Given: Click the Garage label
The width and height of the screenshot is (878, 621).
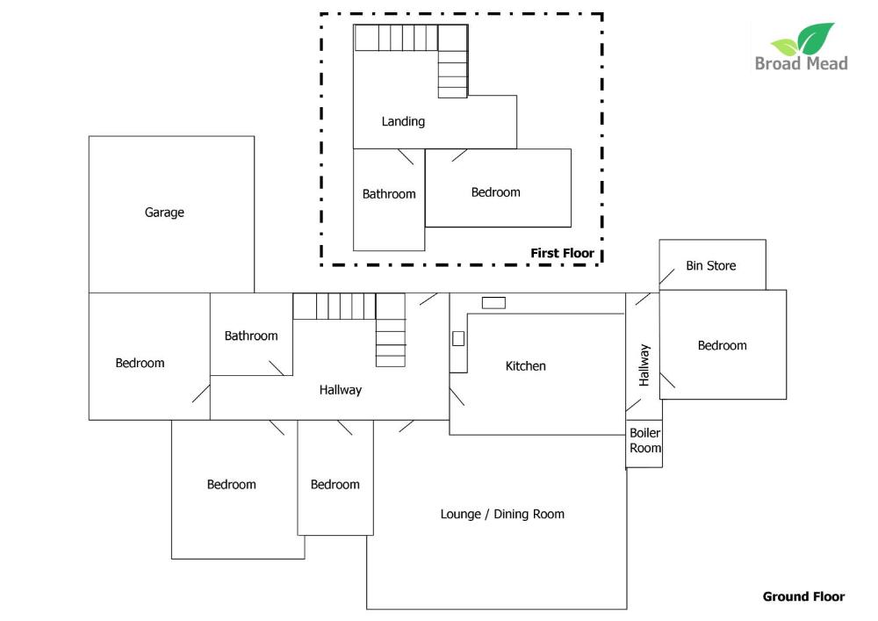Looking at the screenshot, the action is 164,213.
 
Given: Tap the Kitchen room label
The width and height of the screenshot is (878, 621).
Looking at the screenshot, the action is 525,366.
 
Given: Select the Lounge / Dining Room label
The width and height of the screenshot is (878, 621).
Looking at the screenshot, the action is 502,514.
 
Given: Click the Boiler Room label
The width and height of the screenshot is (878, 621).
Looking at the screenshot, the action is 645,441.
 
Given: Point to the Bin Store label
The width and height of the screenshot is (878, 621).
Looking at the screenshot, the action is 710,266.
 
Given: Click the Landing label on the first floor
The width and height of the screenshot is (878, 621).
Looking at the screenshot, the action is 403,122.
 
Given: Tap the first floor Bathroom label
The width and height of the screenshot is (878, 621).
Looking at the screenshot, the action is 389,194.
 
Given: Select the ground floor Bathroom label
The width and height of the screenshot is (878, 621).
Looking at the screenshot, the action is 251,336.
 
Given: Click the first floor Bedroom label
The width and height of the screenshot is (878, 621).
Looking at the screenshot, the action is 495,192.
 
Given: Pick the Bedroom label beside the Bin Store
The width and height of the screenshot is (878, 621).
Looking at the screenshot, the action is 722,345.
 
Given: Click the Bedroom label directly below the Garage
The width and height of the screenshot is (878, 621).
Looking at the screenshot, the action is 140,363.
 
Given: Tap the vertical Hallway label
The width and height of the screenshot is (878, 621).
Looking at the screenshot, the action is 644,365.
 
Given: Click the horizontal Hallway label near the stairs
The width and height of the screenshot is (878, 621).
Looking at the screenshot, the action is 341,390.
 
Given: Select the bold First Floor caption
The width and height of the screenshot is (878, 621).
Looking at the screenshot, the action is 562,253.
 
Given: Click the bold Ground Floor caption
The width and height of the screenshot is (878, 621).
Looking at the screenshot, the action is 803,597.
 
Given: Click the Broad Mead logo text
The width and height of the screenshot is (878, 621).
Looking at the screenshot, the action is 802,63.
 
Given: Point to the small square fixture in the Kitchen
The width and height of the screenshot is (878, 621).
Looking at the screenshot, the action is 458,338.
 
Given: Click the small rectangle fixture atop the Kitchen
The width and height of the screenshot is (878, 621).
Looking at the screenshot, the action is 493,303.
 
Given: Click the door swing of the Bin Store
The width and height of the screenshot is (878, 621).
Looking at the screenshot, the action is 667,277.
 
